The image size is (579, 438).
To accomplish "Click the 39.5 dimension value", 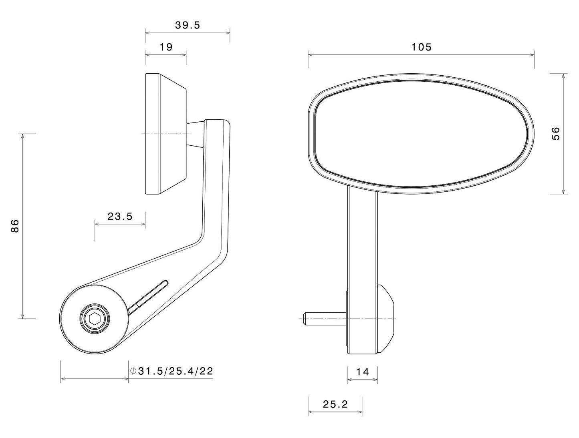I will (x=187, y=25).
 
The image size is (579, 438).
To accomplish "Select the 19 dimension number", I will (x=165, y=47).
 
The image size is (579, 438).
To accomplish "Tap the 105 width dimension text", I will (x=422, y=47).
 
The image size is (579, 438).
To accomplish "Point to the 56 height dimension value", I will (x=556, y=133).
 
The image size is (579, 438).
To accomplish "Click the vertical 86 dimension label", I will (x=15, y=226).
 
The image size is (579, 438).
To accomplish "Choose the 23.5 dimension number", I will (x=120, y=217).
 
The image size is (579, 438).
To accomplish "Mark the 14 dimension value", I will (x=362, y=372).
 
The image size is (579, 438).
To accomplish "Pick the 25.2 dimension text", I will (x=335, y=404).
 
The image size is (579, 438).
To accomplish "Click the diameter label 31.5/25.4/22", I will (x=175, y=371).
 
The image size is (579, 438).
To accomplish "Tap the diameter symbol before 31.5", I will (x=133, y=371).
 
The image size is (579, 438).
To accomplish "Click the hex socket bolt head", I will (x=95, y=319).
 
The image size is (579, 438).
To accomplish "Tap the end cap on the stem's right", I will (x=386, y=319).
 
